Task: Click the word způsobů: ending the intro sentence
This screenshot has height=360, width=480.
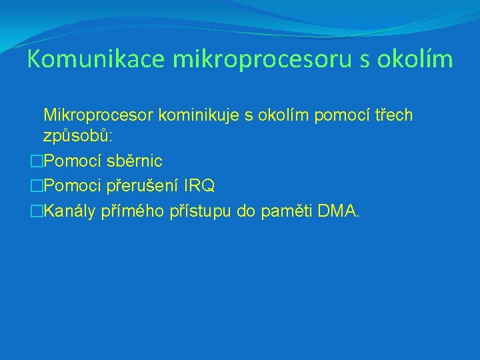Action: pyautogui.click(x=77, y=136)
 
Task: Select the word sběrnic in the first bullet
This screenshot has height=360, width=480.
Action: pyautogui.click(x=134, y=161)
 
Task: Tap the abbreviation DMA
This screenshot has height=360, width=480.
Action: pyautogui.click(x=339, y=212)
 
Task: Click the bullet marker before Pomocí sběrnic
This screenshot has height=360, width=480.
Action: pyautogui.click(x=37, y=161)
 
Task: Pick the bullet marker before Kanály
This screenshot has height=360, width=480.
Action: pyautogui.click(x=37, y=212)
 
